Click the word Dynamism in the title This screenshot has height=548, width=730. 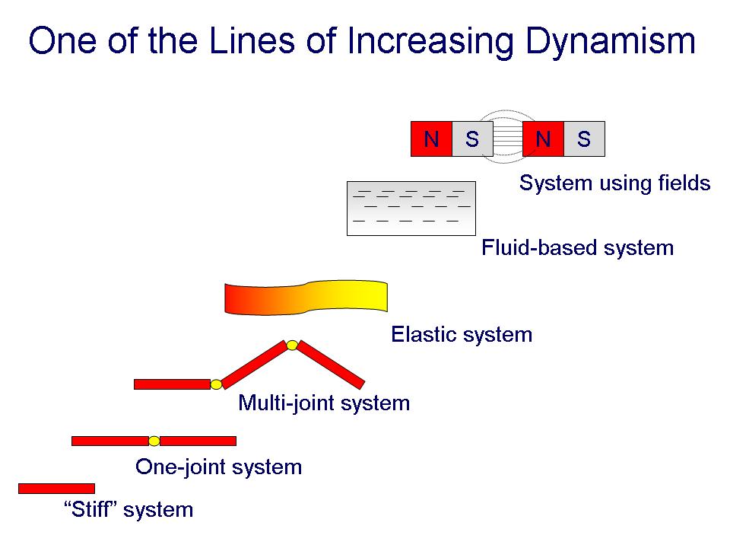[611, 41]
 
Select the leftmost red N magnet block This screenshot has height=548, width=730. [431, 139]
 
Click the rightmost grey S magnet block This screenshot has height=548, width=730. [584, 139]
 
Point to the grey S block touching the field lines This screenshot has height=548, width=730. [472, 139]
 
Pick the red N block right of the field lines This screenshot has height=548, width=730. [543, 139]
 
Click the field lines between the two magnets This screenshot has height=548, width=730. [508, 137]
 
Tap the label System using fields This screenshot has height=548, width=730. [614, 183]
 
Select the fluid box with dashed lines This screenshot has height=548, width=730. [411, 209]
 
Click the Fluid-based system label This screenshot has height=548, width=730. [577, 247]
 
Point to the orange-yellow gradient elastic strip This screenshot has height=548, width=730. [306, 298]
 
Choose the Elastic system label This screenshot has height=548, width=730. [462, 335]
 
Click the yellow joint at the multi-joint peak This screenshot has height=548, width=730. [292, 346]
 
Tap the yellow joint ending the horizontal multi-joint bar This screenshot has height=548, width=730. [216, 384]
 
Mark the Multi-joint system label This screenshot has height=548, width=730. [324, 403]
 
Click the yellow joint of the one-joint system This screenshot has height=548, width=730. [154, 441]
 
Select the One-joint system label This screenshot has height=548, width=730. [218, 467]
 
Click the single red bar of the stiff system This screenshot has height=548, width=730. [57, 489]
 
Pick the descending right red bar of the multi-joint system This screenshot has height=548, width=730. [331, 365]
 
